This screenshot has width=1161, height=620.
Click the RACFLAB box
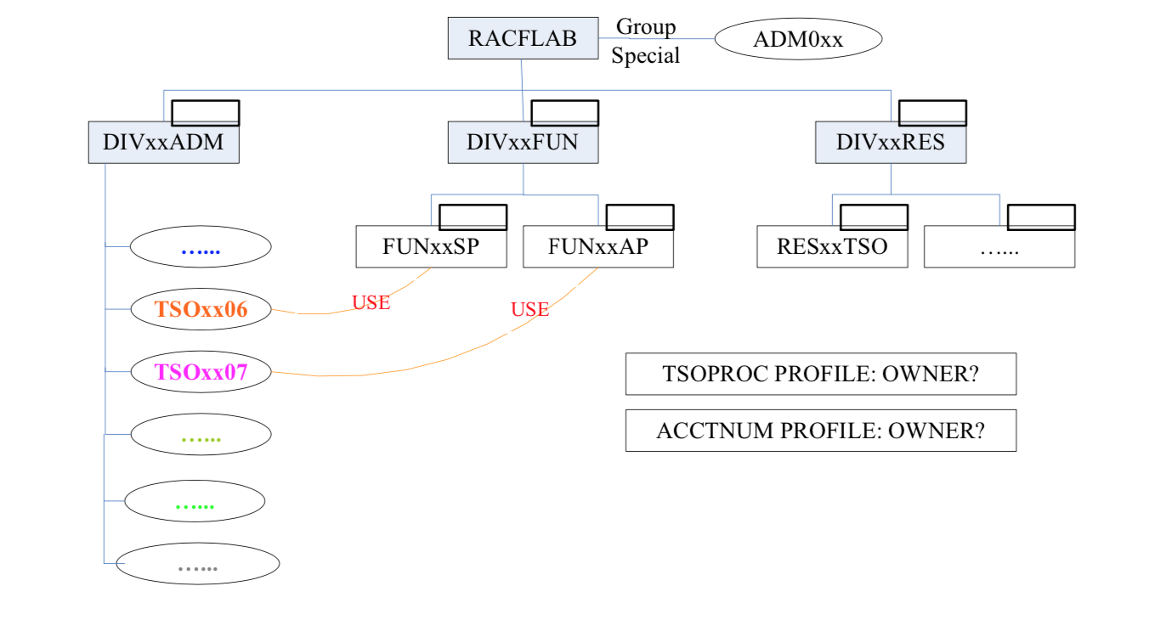[522, 38]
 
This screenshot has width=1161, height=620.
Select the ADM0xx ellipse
[798, 39]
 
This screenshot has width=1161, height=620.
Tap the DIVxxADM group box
[163, 143]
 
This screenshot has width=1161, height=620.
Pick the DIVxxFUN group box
[522, 143]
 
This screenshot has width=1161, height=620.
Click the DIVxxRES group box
[890, 143]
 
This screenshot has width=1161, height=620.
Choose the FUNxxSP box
[430, 248]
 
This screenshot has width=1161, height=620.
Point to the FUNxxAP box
[597, 248]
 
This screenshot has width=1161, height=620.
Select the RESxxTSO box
[832, 248]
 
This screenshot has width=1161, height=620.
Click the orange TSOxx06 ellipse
[201, 310]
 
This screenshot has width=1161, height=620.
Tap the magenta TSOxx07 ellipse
[201, 372]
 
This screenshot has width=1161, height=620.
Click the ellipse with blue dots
[201, 248]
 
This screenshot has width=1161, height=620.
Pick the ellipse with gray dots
[197, 564]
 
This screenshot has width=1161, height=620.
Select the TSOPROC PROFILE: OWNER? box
[820, 375]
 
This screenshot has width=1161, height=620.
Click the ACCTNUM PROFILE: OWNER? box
[820, 431]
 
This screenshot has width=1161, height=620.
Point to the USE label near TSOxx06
[371, 302]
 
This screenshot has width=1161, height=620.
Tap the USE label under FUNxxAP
[530, 310]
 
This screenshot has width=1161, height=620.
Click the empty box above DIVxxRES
[932, 113]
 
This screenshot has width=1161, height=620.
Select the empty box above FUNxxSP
[473, 217]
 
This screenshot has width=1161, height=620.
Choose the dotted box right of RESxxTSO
[1000, 248]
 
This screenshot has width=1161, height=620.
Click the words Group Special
[646, 42]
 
